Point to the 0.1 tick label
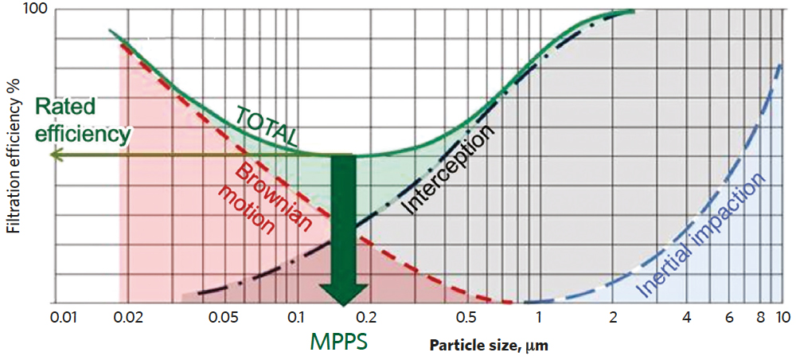click(295, 318)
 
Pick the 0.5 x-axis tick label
click(468, 318)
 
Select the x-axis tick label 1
click(539, 318)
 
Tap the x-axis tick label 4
click(686, 318)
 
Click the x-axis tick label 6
click(728, 318)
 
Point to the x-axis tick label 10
click(783, 318)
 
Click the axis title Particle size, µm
click(490, 346)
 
